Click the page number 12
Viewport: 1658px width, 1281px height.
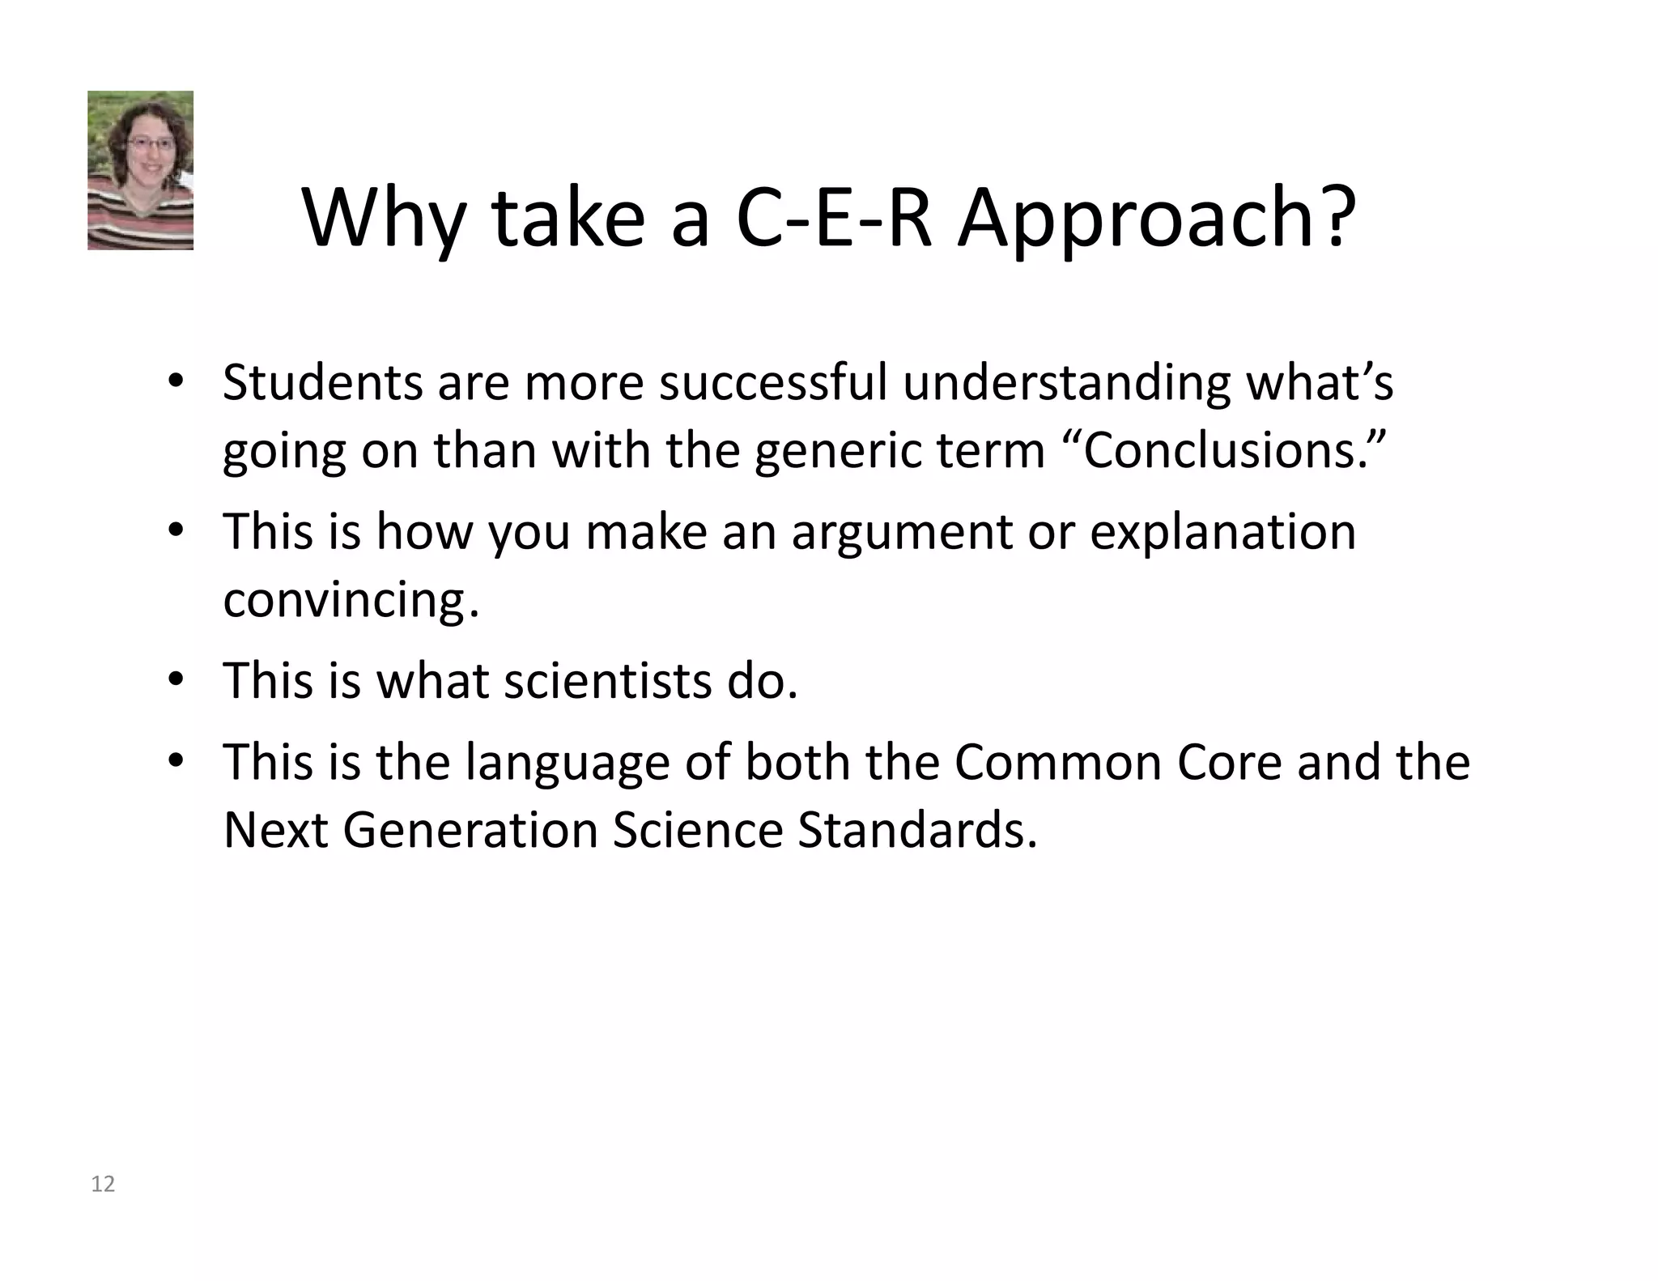tap(103, 1185)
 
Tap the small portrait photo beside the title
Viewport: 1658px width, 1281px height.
tap(140, 170)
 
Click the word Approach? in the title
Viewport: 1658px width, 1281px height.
tap(1156, 218)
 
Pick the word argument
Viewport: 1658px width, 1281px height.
tap(902, 532)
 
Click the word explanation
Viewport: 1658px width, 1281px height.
tap(1222, 532)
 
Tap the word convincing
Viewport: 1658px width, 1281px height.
tap(351, 600)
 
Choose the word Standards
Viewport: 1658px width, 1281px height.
tap(916, 830)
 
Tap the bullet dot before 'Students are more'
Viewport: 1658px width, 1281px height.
tap(176, 381)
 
